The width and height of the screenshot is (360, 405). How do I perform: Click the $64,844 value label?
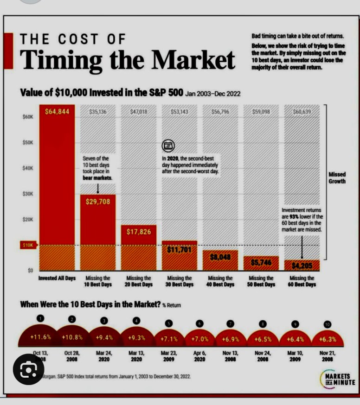click(57, 111)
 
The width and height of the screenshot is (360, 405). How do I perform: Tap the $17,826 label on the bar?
click(139, 232)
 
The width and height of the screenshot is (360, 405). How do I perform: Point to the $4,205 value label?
click(302, 266)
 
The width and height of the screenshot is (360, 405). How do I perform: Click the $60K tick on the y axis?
click(28, 118)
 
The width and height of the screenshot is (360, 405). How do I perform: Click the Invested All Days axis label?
click(57, 278)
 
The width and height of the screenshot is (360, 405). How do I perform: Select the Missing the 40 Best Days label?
click(220, 281)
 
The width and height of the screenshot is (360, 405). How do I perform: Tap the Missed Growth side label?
click(337, 178)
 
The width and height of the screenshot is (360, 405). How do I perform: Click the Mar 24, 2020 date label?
click(104, 355)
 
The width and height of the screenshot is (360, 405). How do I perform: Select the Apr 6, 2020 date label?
click(200, 355)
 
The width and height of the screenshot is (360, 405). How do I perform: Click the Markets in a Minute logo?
click(337, 379)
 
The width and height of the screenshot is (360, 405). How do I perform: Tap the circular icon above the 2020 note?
click(168, 146)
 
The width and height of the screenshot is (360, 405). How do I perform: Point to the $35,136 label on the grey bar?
click(97, 112)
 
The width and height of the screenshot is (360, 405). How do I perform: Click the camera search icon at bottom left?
click(29, 371)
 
